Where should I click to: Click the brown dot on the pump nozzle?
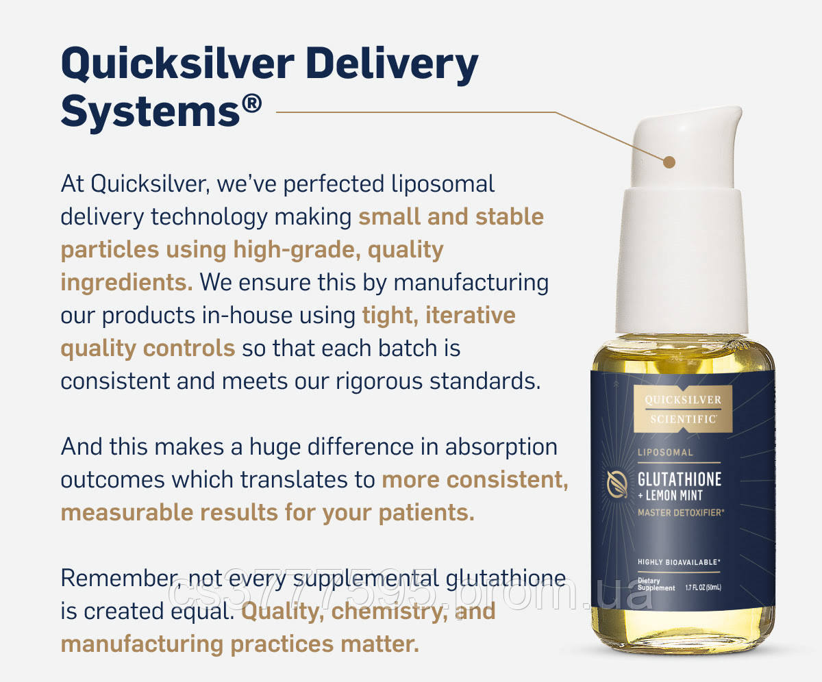[669, 162]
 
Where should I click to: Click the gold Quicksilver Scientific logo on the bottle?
[681, 409]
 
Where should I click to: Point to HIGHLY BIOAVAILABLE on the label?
[678, 562]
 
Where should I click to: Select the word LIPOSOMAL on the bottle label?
[665, 453]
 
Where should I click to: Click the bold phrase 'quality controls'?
[147, 348]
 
